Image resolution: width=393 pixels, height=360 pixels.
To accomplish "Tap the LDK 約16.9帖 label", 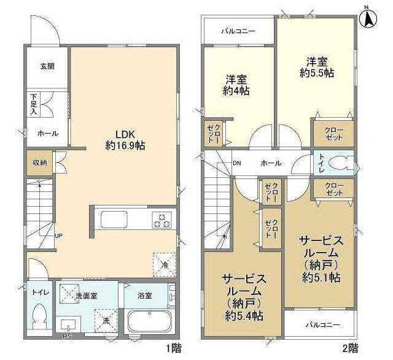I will (x=125, y=140).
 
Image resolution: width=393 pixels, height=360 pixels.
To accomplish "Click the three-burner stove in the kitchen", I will (x=163, y=219).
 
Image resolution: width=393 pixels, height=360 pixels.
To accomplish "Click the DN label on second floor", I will (x=236, y=163).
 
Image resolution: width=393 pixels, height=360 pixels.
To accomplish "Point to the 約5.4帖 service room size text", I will (x=243, y=316).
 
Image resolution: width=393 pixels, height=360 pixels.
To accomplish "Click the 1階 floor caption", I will (x=174, y=348).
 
